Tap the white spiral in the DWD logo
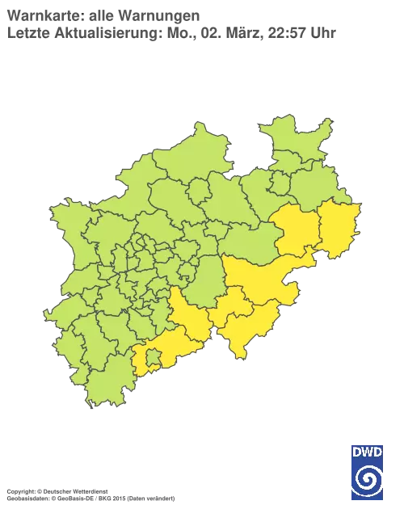pyautogui.click(x=368, y=478)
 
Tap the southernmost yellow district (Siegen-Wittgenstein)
pyautogui.click(x=246, y=327)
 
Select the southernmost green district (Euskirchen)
pyautogui.click(x=113, y=380)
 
